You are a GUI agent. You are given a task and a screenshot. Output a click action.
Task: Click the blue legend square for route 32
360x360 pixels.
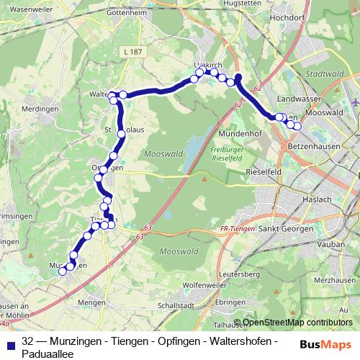11,343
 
